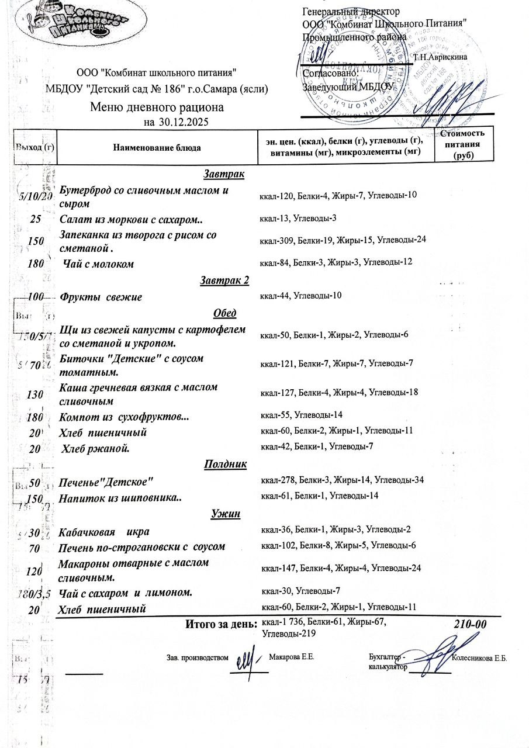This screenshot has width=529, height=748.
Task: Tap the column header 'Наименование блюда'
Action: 157,148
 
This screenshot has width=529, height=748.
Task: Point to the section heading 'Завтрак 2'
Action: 224,280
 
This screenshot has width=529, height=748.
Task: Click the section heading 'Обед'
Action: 225,313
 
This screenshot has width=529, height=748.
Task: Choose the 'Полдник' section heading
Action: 225,464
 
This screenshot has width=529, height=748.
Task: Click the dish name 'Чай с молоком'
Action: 98,264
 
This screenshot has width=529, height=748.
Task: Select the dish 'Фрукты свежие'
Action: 101,297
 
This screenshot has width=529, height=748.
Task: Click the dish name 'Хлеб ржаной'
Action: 95,449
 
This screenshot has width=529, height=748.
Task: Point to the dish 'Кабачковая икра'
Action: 104,532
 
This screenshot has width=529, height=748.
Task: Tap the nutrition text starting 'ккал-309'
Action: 343,240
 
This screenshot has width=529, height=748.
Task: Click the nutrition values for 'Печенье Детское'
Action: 342,480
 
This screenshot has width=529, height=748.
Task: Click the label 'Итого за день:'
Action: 222,624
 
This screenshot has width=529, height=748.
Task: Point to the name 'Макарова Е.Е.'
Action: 292,657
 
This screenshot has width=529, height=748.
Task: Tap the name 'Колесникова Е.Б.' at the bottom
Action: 480,657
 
